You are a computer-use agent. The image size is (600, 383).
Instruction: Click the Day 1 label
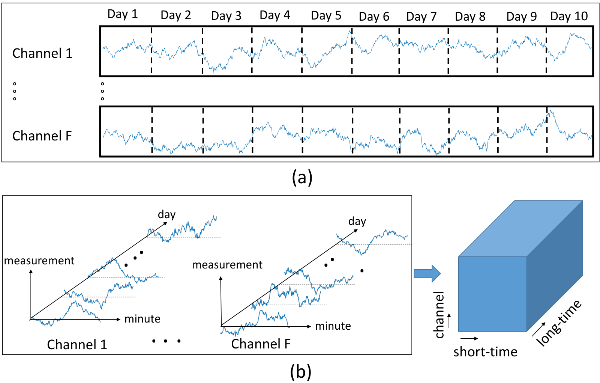123,14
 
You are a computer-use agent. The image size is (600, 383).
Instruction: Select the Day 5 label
326,15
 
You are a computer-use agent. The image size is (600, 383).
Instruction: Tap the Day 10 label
569,17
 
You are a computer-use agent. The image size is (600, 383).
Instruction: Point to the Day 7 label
421,17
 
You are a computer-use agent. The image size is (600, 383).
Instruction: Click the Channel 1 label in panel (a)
42,53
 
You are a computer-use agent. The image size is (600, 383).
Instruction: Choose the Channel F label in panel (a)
42,136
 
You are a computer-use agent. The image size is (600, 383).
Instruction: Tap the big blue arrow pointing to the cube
427,273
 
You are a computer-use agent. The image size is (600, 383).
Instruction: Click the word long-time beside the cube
559,323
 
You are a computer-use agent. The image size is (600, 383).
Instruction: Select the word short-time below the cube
485,351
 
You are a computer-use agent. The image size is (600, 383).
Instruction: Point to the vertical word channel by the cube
439,315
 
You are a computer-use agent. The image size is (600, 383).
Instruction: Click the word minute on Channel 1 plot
142,319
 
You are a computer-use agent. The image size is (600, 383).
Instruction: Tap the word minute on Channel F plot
333,326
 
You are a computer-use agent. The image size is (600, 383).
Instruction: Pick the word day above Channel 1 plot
166,215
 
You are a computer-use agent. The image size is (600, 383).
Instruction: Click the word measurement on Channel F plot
227,265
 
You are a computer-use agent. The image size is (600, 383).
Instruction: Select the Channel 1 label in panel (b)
77,345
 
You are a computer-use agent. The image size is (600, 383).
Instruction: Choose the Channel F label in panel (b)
261,344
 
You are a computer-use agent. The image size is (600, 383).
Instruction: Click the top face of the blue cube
521,229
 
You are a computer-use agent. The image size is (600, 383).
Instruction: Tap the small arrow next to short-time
469,338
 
